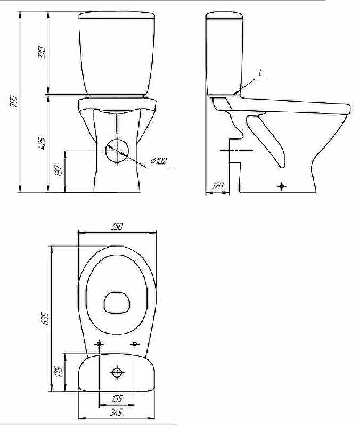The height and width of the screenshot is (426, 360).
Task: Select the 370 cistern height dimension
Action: click(43, 53)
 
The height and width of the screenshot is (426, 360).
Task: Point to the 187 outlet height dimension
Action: click(60, 170)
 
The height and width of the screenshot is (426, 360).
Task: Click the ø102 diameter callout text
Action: click(158, 161)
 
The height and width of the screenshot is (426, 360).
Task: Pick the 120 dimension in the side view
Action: click(218, 186)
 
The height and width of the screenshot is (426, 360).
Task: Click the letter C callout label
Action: click(260, 72)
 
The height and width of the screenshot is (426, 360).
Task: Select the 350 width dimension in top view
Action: click(117, 226)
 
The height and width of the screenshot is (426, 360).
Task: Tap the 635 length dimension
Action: click(46, 319)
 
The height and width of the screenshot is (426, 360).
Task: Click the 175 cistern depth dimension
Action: click(59, 372)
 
